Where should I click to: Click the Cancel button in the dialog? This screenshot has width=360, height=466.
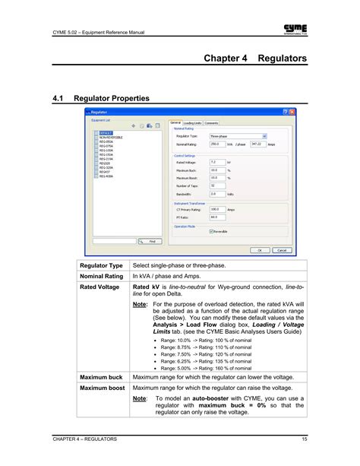point(280,249)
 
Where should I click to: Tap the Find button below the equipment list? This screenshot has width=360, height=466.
point(147,241)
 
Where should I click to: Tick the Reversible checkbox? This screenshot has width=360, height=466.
point(211,231)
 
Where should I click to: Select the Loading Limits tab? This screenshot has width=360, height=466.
point(192,122)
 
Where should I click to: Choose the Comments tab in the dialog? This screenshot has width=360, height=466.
point(212,122)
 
